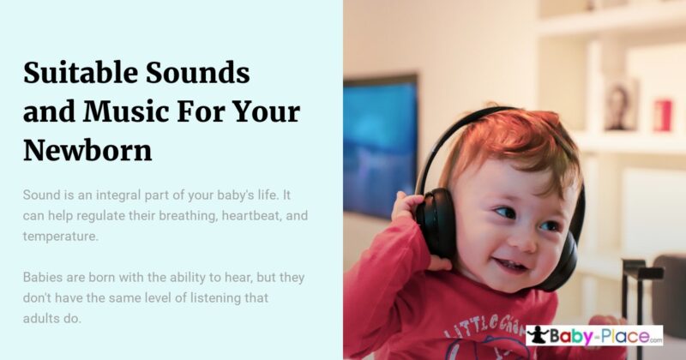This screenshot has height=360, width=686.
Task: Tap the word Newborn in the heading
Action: (x=87, y=150)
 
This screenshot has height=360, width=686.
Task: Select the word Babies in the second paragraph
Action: (x=45, y=278)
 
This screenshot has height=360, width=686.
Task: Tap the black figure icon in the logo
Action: (x=538, y=336)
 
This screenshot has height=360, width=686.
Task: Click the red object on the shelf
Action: (x=663, y=115)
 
